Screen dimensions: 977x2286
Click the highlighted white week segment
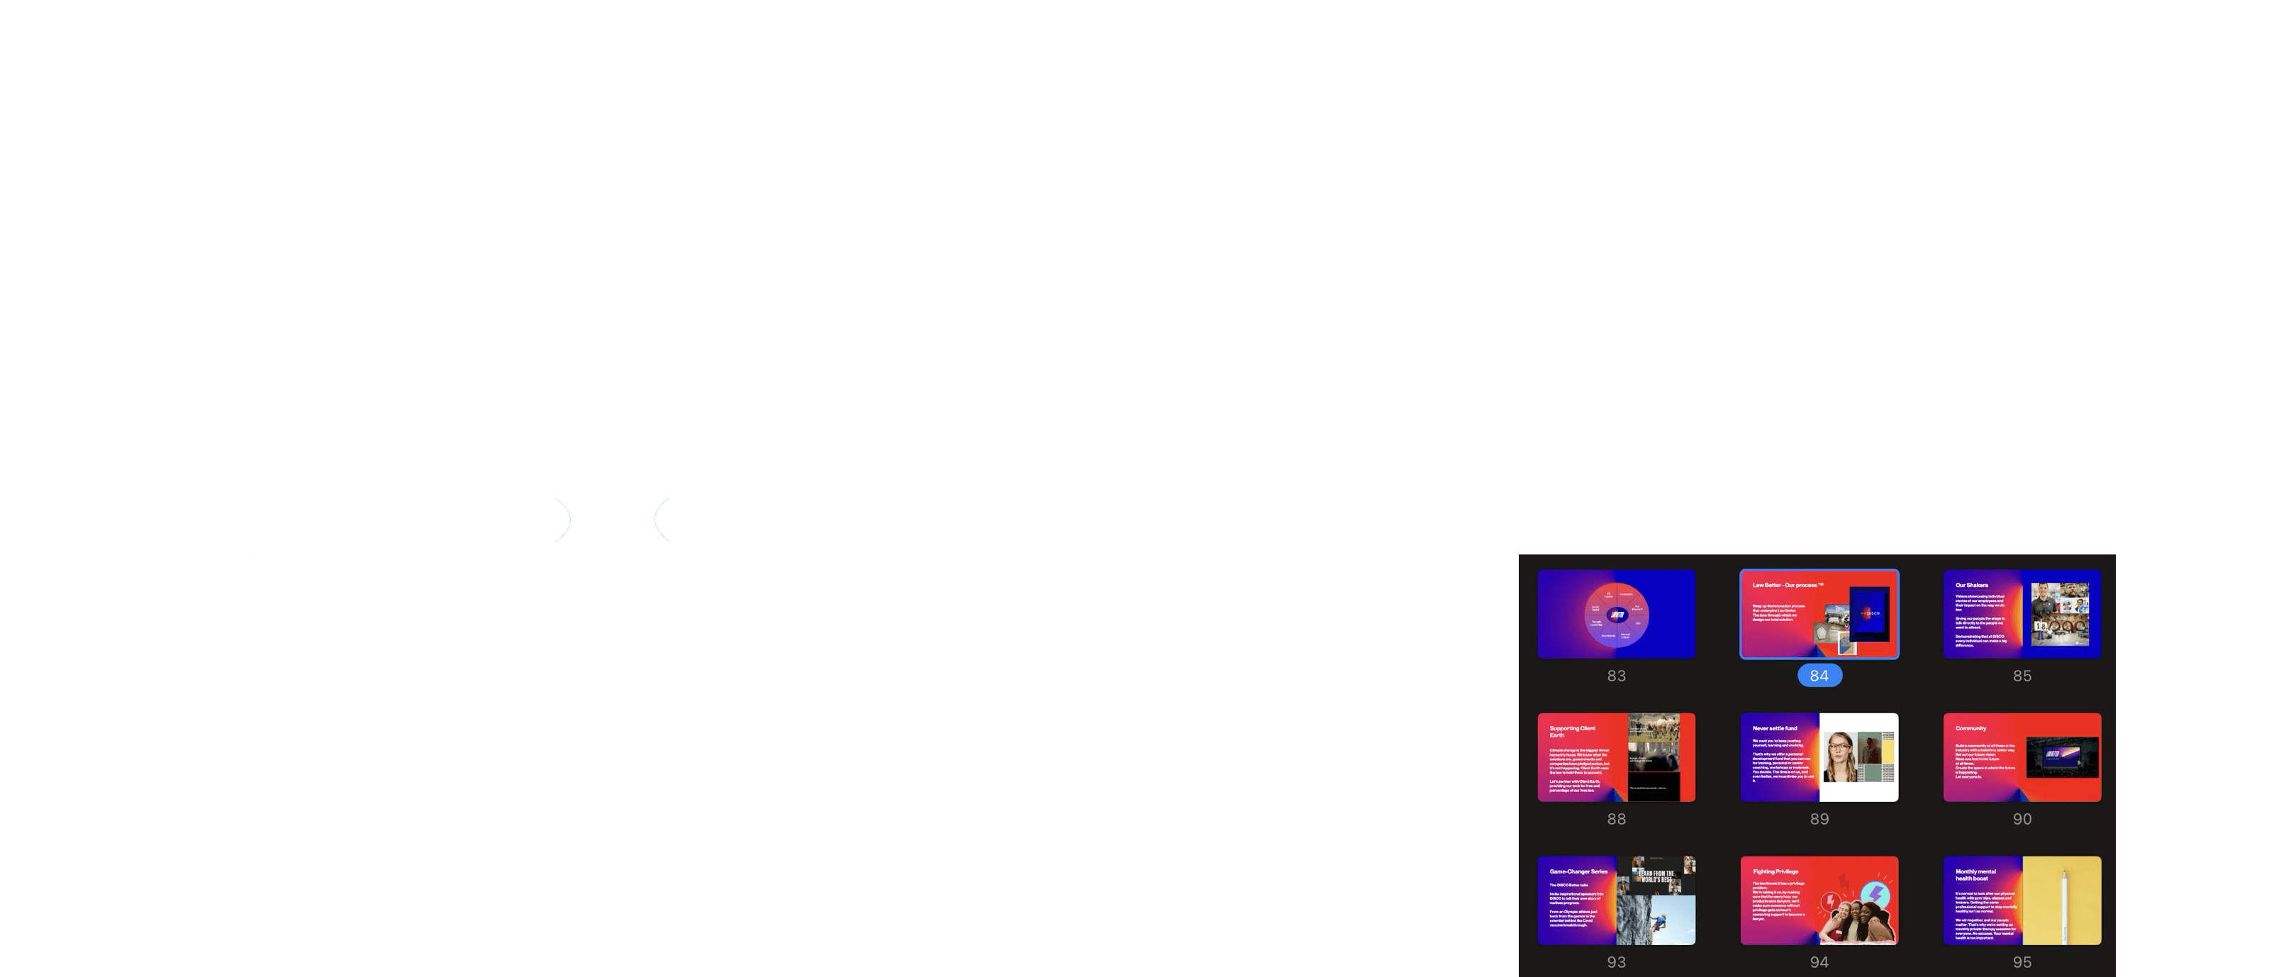pyautogui.click(x=967, y=523)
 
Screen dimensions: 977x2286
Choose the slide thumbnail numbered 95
pyautogui.click(x=2022, y=900)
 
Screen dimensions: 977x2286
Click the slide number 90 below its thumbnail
pyautogui.click(x=2022, y=818)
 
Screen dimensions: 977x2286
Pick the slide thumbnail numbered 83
pyautogui.click(x=1616, y=614)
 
